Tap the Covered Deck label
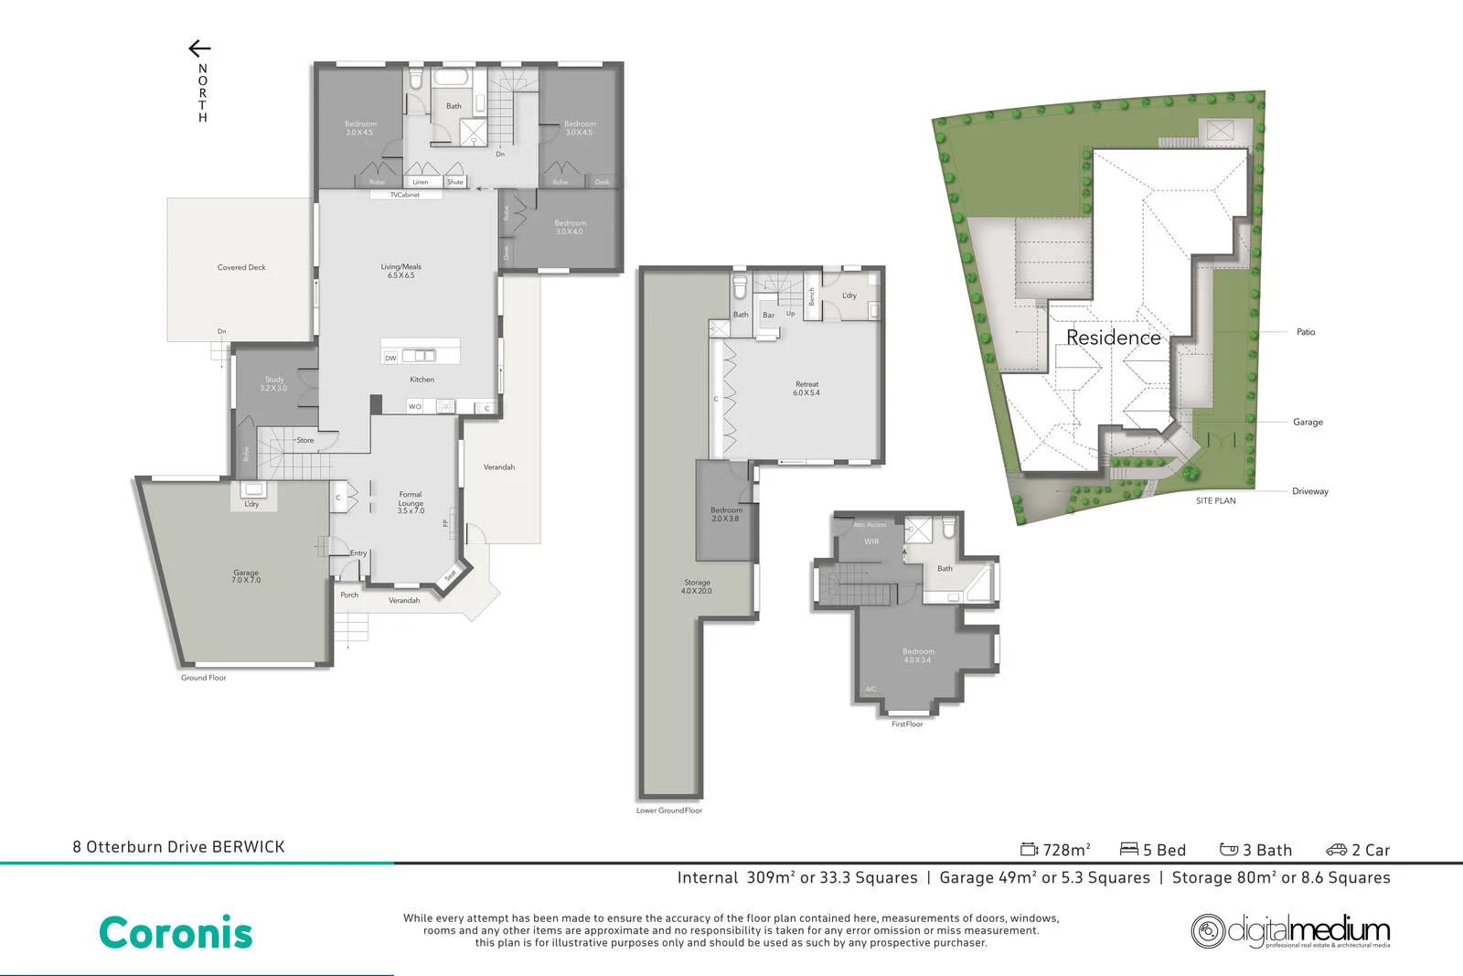click(241, 267)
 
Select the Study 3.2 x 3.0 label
click(273, 384)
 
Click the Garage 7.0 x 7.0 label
click(246, 576)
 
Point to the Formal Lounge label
click(411, 502)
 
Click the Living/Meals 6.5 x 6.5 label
click(400, 271)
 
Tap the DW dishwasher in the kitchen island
click(390, 358)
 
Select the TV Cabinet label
click(405, 195)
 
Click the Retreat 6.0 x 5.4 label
click(806, 388)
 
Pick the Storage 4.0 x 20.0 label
click(697, 586)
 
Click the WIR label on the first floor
click(871, 542)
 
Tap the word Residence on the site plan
click(1113, 338)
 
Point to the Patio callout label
click(1305, 332)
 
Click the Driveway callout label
click(1309, 491)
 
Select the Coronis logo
click(176, 933)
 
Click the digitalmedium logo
click(1290, 931)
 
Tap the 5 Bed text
click(1153, 850)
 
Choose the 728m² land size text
click(1056, 850)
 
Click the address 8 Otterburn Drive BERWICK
click(178, 847)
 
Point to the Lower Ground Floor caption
click(668, 810)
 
